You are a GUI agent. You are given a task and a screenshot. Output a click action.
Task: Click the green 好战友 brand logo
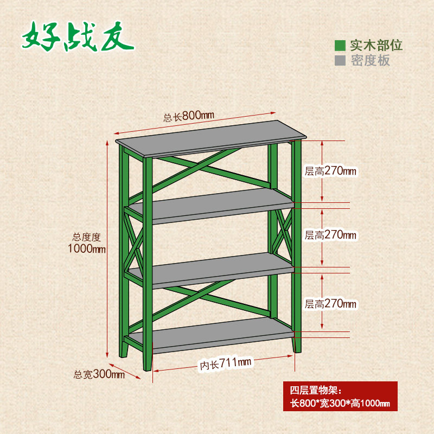(x=78, y=37)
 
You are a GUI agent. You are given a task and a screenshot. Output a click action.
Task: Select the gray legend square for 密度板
(x=340, y=60)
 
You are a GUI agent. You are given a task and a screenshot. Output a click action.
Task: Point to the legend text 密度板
(x=370, y=60)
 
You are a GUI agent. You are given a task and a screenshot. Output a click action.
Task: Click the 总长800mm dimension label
(x=189, y=116)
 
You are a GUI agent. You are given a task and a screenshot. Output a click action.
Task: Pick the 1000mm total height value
(x=87, y=249)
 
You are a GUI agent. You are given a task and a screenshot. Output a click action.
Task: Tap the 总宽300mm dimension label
(x=99, y=374)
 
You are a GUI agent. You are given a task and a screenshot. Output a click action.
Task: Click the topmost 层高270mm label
(x=330, y=171)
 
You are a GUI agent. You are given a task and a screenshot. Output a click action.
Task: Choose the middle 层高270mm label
(x=330, y=235)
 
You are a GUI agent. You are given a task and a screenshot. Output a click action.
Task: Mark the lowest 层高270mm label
(x=330, y=304)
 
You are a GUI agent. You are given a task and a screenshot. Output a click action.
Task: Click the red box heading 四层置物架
(x=315, y=390)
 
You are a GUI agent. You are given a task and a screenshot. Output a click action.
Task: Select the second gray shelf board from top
(x=212, y=205)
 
